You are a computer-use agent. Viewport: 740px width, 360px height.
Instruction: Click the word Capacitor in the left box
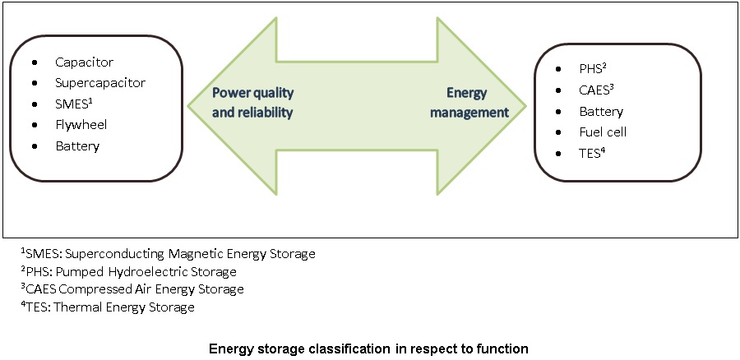[84, 62]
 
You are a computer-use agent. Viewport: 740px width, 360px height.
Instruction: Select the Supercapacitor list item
[100, 83]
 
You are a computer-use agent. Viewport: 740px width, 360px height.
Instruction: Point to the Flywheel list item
[81, 125]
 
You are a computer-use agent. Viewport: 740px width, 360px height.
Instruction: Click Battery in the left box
[77, 146]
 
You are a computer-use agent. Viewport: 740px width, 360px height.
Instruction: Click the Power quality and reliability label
[252, 102]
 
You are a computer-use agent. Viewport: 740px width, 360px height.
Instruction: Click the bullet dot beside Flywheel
[34, 126]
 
